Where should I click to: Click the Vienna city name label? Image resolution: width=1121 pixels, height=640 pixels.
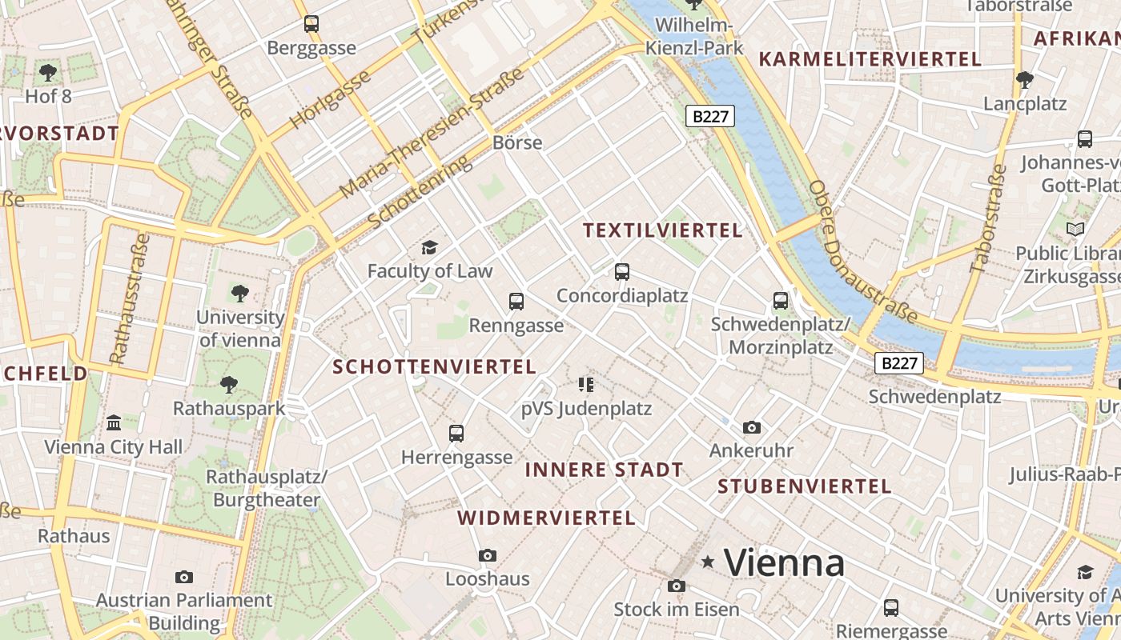point(784,563)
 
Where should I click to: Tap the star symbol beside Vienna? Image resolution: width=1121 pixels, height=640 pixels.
point(708,562)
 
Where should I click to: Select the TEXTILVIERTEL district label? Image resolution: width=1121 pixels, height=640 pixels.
point(663,230)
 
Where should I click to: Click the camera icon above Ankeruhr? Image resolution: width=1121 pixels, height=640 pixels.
point(751,427)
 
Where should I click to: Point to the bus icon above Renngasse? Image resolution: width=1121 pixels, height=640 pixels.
point(516,302)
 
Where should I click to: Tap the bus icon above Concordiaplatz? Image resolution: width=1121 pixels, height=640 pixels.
point(622,272)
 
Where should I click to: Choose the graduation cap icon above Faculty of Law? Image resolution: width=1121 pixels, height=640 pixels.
point(430,247)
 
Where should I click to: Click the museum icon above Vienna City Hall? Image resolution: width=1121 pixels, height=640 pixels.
point(114,422)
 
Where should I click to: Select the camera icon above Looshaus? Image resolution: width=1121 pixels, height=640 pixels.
point(487,555)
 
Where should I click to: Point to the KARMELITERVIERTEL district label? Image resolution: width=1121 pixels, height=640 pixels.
point(870,59)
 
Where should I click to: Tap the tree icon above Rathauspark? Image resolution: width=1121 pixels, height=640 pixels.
point(229,385)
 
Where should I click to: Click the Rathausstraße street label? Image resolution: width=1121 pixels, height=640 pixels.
point(129,298)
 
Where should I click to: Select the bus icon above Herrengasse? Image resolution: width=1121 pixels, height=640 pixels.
point(456,434)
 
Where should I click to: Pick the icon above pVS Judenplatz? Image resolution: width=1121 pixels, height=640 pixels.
point(586,385)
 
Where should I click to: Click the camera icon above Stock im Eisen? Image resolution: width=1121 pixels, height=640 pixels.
point(676,586)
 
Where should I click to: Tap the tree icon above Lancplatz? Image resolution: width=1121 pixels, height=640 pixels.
point(1025,80)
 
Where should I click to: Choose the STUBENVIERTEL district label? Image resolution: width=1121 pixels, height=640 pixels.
point(804,486)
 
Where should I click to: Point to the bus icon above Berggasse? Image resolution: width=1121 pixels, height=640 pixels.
point(311,24)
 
